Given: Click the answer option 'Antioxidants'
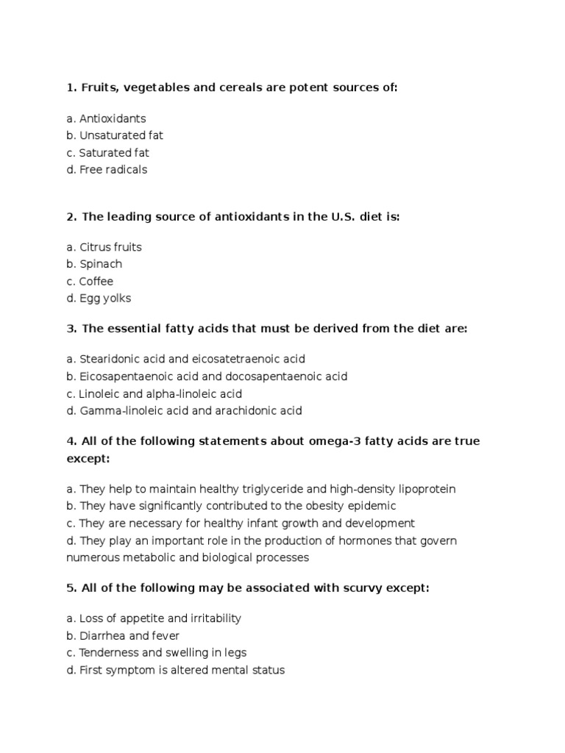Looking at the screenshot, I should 113,118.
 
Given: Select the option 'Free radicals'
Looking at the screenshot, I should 113,170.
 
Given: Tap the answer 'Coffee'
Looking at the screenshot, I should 96,282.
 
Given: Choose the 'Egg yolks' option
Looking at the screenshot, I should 105,299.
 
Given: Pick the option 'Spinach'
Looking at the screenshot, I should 101,264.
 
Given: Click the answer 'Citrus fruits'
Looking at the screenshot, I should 110,247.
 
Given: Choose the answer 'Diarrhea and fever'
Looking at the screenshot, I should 129,635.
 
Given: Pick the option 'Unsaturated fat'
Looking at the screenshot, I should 121,135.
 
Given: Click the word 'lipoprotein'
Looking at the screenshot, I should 427,489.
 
